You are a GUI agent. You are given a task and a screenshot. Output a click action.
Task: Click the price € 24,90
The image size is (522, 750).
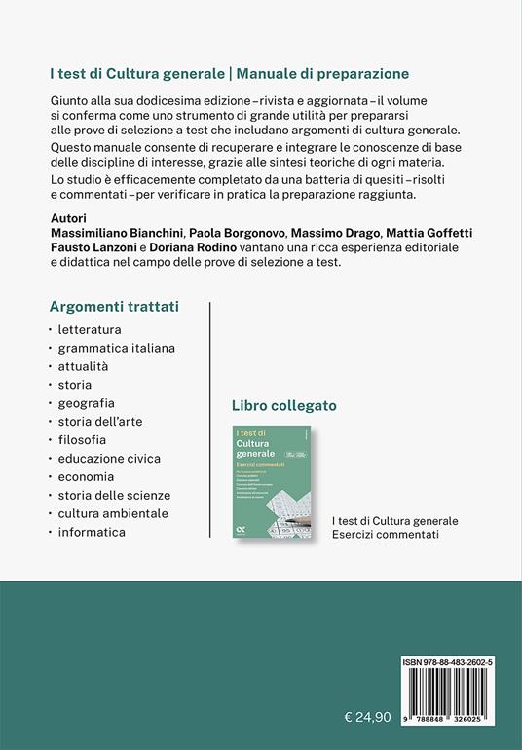[x=368, y=690]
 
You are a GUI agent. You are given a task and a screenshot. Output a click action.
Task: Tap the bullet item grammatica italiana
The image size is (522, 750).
[x=116, y=347]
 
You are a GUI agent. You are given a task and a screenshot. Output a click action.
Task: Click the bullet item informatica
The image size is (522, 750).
[x=92, y=532]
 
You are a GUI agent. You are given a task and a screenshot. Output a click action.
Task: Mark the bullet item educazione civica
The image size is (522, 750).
[x=109, y=458]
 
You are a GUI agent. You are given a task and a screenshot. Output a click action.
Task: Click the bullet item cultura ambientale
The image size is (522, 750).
[x=113, y=513]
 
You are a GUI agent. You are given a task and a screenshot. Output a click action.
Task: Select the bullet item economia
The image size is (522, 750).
[x=86, y=476]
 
